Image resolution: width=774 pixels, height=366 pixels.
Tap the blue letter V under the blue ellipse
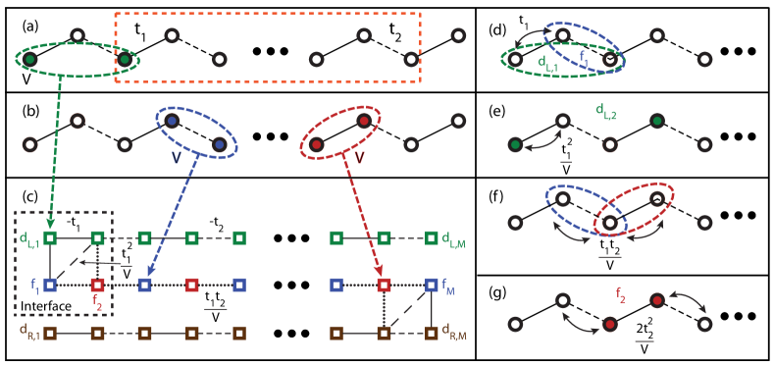177,156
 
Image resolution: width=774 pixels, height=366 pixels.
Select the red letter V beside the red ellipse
359,157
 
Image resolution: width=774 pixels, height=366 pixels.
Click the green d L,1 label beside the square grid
29,238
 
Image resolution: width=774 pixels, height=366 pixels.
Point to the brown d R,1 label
29,331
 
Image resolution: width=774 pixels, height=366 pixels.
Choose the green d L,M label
452,238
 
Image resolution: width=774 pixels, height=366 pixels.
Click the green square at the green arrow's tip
50,237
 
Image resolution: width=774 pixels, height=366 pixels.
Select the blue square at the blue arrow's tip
144,285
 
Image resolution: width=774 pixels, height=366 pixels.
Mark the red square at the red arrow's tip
384,285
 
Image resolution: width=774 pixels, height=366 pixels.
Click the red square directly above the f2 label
97,285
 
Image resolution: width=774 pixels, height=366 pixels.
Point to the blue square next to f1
50,285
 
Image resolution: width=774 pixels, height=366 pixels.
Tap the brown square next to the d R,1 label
50,333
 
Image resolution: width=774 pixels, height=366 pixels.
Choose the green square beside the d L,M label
432,237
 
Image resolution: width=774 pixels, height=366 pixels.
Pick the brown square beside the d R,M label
432,333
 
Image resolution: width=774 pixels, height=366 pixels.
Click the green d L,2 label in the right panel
606,111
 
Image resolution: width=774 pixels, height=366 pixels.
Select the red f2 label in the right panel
621,293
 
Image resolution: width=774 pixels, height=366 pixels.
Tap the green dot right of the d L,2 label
657,121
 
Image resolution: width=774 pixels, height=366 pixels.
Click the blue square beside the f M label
432,285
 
